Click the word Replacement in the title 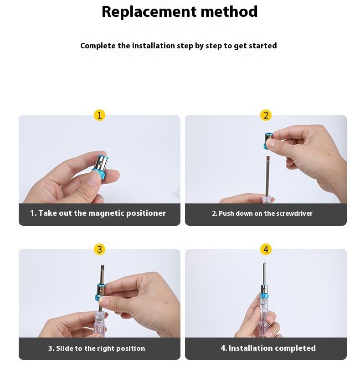pyautogui.click(x=149, y=12)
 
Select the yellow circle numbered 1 pyautogui.click(x=99, y=115)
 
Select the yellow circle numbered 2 pyautogui.click(x=266, y=115)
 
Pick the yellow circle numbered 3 pyautogui.click(x=99, y=249)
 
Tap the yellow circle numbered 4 pyautogui.click(x=266, y=249)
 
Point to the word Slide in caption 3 pyautogui.click(x=63, y=348)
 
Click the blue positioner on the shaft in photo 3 pyautogui.click(x=100, y=292)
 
